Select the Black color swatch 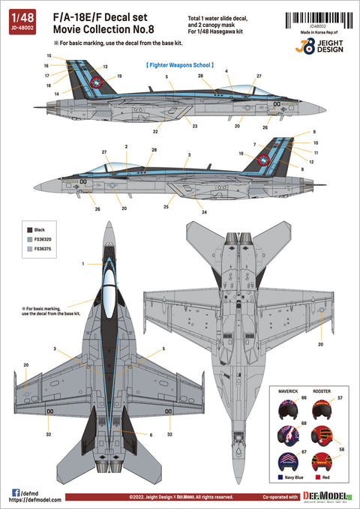click(x=29, y=229)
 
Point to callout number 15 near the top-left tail click(x=49, y=56)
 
